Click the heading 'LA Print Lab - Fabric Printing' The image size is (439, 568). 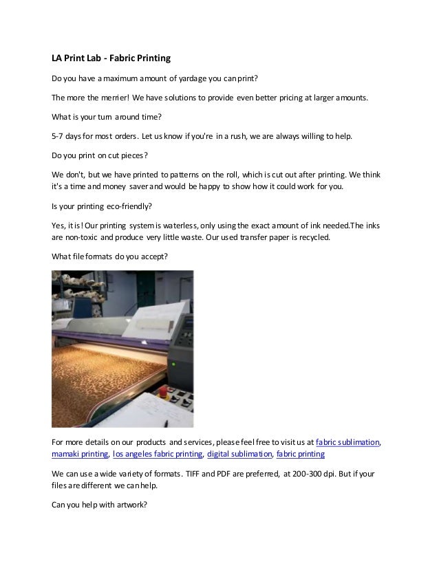click(x=111, y=59)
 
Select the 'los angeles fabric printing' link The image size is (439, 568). click(x=157, y=455)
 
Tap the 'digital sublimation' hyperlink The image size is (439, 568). click(x=239, y=455)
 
